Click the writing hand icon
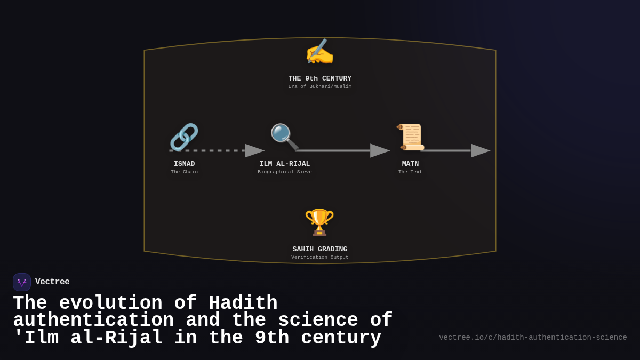(x=319, y=53)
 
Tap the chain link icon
(x=184, y=137)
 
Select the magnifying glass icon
(x=284, y=137)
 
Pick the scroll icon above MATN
(x=410, y=137)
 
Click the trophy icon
(x=319, y=222)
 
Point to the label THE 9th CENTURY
(x=320, y=78)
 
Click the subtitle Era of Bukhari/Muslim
(x=320, y=87)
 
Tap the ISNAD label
(x=185, y=164)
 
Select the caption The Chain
(x=185, y=172)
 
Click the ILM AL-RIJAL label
(x=285, y=164)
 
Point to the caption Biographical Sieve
(x=285, y=172)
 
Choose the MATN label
(x=410, y=164)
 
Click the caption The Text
(x=410, y=172)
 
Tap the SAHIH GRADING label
(x=320, y=249)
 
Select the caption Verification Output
(x=320, y=258)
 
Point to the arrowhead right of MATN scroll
(x=480, y=151)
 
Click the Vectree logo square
(x=22, y=282)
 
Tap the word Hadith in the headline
(x=243, y=303)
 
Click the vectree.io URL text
(x=533, y=338)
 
